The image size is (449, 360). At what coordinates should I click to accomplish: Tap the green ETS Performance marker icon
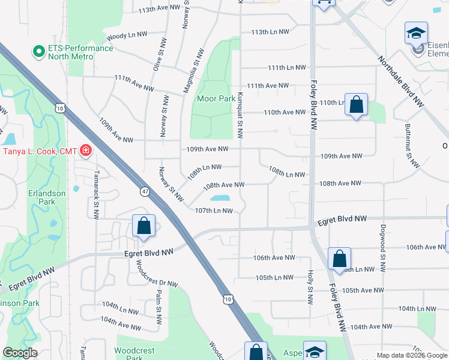click(x=40, y=52)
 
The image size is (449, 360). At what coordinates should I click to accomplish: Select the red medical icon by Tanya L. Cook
click(x=86, y=150)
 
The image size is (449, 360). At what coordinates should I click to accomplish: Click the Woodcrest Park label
click(x=136, y=353)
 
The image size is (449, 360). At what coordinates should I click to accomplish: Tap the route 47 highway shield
click(x=145, y=191)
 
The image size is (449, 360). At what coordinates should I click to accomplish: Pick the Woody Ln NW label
click(x=125, y=37)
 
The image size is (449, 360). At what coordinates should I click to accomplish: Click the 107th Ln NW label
click(x=214, y=211)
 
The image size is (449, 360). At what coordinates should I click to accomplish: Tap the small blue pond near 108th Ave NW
click(x=219, y=198)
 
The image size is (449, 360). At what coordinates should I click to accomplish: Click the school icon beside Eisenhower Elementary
click(x=416, y=35)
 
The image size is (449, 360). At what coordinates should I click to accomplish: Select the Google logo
click(x=20, y=353)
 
